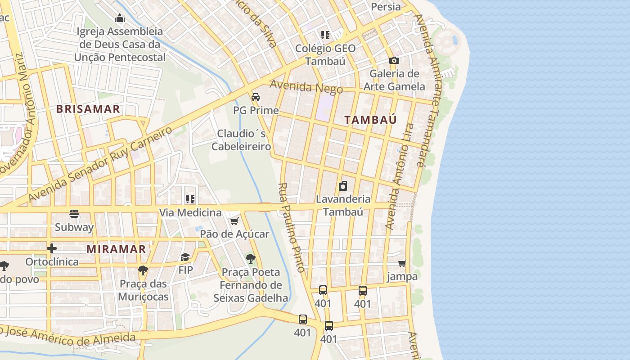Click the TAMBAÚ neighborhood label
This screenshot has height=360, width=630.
coord(371,120)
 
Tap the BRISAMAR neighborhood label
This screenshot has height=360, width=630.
coord(88,109)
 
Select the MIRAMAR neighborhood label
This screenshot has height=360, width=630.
coord(116,249)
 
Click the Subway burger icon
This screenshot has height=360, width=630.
coord(74,214)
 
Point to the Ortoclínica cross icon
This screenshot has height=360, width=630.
coord(52,248)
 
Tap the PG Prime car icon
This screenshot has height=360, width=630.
coord(256,97)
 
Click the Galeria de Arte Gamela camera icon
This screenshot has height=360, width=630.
coord(394,60)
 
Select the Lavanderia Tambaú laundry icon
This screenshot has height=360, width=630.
coord(343,185)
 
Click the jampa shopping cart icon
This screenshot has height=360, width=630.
coord(402,263)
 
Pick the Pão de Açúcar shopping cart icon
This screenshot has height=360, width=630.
coord(234,221)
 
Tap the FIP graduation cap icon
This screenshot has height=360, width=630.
coord(185,257)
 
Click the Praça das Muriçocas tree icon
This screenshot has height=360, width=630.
coord(143,270)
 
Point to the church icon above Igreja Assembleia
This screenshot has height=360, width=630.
coord(120,18)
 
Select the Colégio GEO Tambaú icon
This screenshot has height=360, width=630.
coord(325,35)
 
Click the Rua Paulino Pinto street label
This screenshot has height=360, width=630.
coord(292,227)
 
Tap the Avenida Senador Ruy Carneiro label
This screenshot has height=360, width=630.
coord(100,164)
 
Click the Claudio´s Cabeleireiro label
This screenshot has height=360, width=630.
coord(241,140)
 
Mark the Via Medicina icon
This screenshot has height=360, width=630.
coord(190,199)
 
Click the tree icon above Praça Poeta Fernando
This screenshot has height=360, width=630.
coord(250,259)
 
